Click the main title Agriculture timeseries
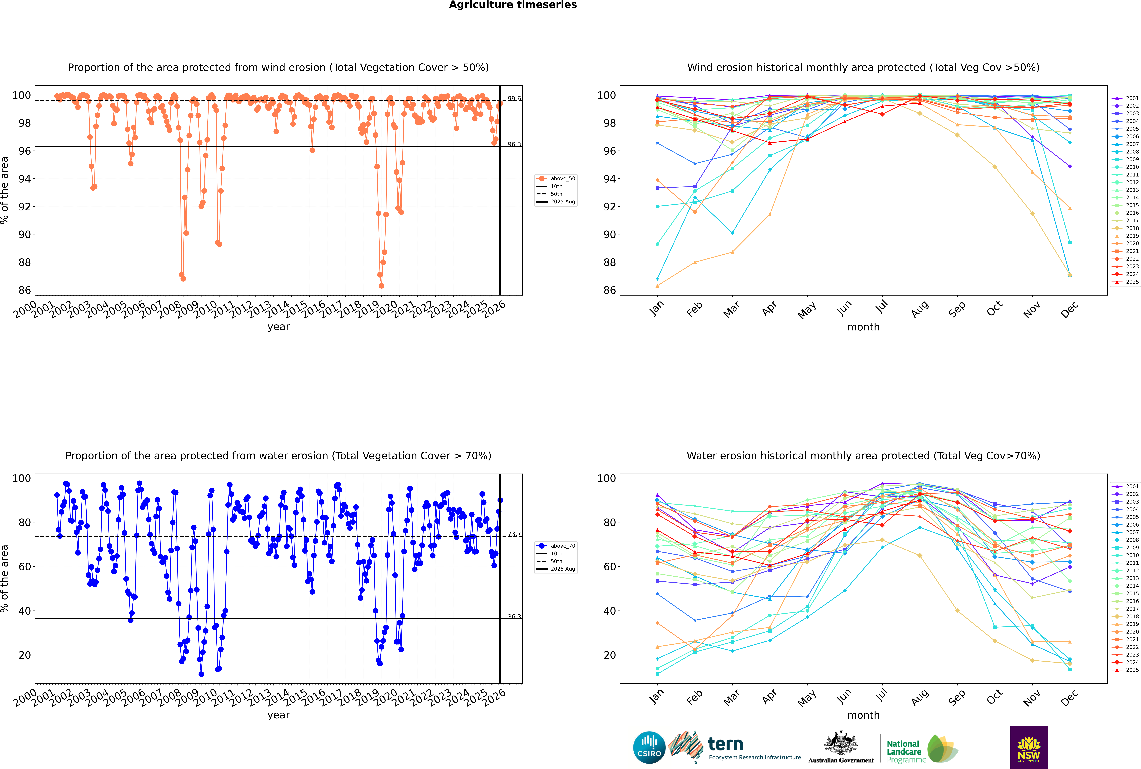pos(513,5)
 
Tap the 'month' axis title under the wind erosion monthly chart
pos(863,327)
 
